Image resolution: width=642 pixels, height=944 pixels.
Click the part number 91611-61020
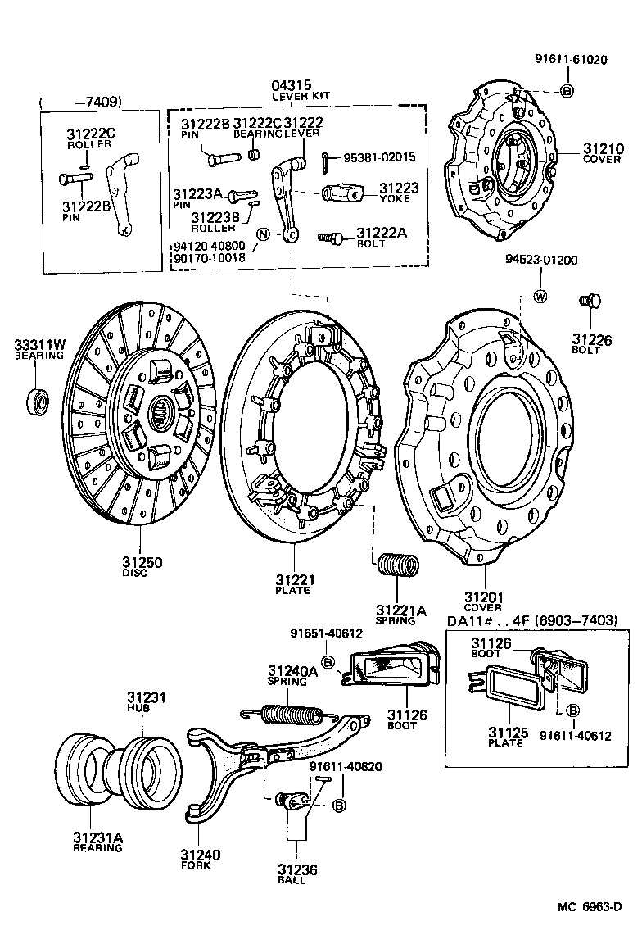(x=571, y=59)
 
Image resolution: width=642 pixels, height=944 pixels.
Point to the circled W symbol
(x=540, y=296)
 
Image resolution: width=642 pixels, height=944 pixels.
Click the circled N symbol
(x=262, y=234)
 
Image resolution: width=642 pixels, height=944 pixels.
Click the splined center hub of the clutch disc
(x=161, y=407)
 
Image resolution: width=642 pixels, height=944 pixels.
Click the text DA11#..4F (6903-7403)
(x=531, y=620)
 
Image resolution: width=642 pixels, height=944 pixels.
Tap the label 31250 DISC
(x=142, y=566)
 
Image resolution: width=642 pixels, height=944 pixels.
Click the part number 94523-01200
(x=541, y=260)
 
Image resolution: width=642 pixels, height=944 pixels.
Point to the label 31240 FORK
(x=201, y=860)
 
